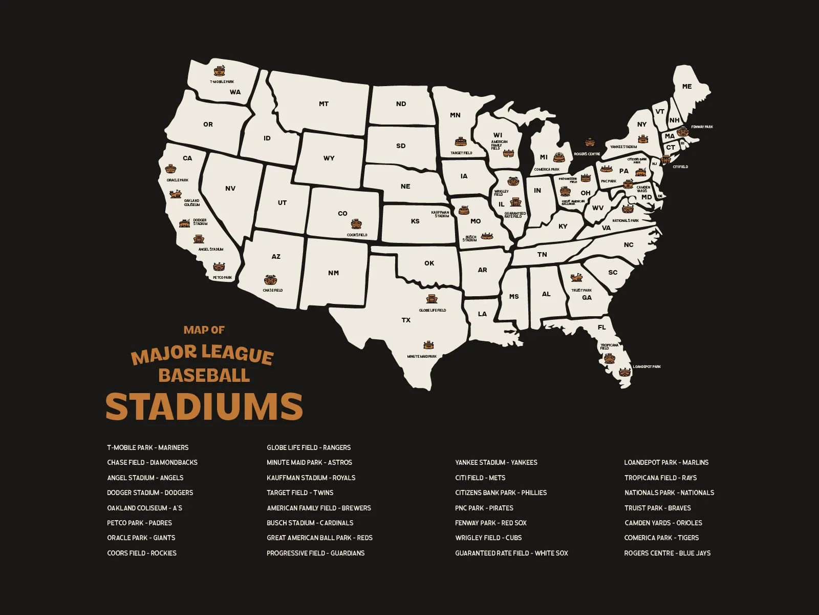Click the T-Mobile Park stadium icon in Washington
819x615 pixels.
pyautogui.click(x=219, y=70)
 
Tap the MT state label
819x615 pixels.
pyautogui.click(x=324, y=104)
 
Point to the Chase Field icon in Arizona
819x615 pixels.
pyautogui.click(x=271, y=280)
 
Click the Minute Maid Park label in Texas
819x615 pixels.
pyautogui.click(x=422, y=356)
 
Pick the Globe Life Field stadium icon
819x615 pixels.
pyautogui.click(x=432, y=299)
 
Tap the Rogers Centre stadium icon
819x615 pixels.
pyautogui.click(x=590, y=142)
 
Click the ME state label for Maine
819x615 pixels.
pyautogui.click(x=687, y=87)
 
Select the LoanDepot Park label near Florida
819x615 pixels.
pyautogui.click(x=646, y=367)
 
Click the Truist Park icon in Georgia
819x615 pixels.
pyautogui.click(x=576, y=278)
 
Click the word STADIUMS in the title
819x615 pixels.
pyautogui.click(x=204, y=407)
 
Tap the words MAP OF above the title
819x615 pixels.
pyautogui.click(x=204, y=330)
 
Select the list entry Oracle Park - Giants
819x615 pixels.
pyautogui.click(x=141, y=538)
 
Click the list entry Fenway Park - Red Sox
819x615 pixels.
pyautogui.click(x=490, y=523)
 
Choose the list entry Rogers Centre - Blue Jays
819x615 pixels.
pyautogui.click(x=667, y=553)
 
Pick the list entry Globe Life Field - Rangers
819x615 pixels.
pyautogui.click(x=308, y=447)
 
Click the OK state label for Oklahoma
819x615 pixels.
pyautogui.click(x=429, y=263)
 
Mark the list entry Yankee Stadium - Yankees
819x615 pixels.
pyautogui.click(x=495, y=462)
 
